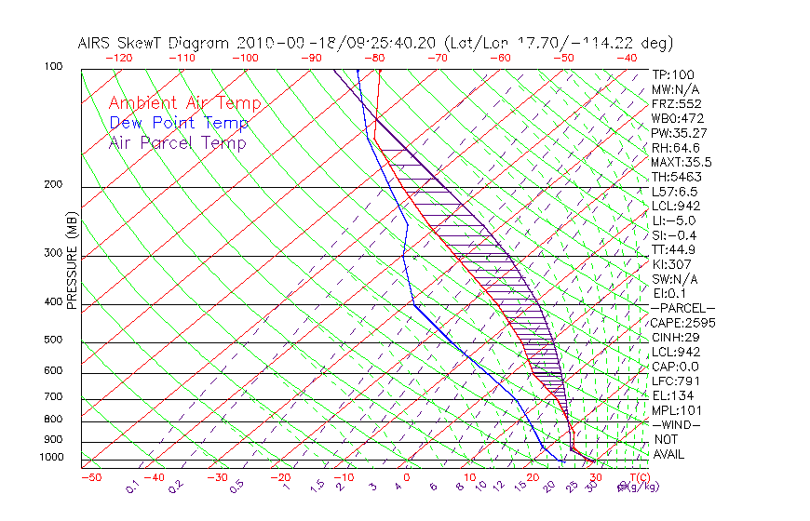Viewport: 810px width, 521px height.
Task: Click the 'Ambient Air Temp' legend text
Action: click(x=184, y=103)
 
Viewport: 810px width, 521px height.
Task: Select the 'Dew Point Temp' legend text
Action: click(x=179, y=123)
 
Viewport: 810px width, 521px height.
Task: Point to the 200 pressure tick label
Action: click(x=54, y=184)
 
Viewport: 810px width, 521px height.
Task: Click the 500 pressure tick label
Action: click(x=54, y=340)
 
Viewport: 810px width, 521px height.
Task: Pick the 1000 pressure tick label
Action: click(x=51, y=457)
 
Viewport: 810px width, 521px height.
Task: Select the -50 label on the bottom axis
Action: click(x=90, y=477)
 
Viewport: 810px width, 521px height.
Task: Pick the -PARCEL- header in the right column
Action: click(x=682, y=308)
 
